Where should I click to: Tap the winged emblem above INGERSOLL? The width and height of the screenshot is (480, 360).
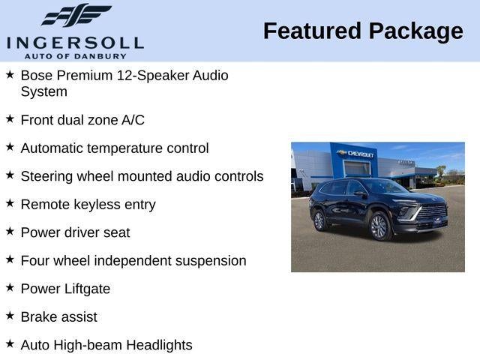click(x=75, y=16)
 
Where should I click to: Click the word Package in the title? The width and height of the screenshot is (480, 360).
click(x=415, y=31)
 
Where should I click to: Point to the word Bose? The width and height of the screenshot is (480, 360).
click(x=36, y=76)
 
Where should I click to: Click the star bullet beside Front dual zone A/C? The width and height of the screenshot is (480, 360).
click(x=10, y=118)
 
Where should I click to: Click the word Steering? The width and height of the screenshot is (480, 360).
click(x=46, y=176)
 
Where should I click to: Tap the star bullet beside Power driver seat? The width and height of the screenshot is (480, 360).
click(x=10, y=231)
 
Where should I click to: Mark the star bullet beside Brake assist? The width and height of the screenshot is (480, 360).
click(x=10, y=316)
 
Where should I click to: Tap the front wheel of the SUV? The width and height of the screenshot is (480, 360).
click(x=379, y=226)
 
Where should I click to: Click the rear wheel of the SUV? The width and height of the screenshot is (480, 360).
click(x=319, y=220)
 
